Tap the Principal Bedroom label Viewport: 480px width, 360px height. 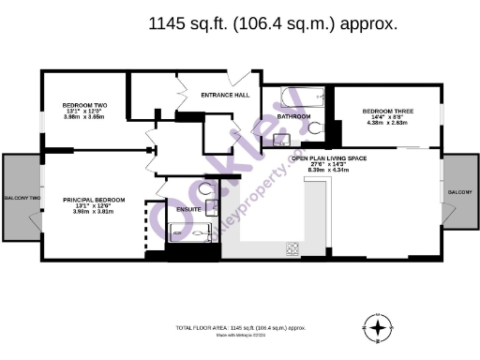tap(93, 200)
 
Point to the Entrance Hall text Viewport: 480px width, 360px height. tap(225, 96)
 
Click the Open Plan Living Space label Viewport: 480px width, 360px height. tap(328, 159)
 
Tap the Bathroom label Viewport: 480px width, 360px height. tap(293, 116)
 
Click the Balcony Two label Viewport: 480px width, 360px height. tap(21, 199)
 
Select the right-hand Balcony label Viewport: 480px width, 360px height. tap(459, 191)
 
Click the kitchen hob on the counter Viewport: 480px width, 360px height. tap(292, 247)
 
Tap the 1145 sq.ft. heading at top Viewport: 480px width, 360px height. tap(273, 24)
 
